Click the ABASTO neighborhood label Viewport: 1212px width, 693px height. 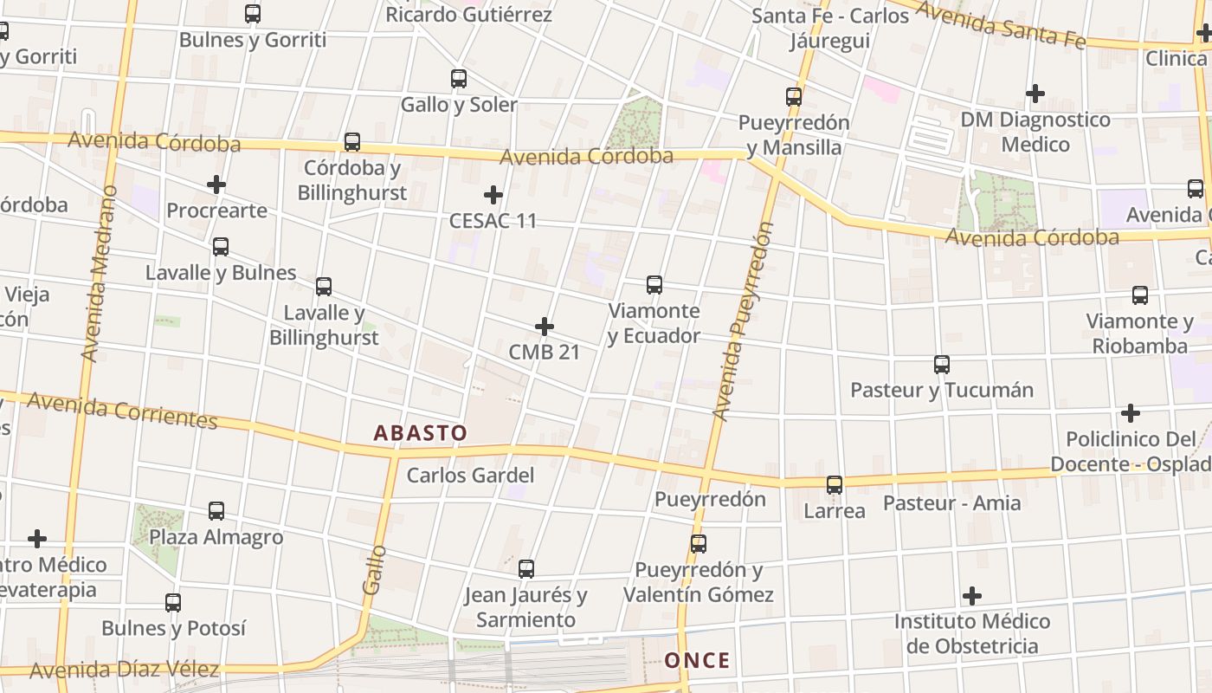tap(420, 433)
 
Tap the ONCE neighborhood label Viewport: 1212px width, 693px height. tap(697, 661)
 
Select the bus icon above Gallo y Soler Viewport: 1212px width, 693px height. tap(459, 79)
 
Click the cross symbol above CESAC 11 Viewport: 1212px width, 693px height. tap(493, 195)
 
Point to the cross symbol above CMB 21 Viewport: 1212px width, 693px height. tap(545, 327)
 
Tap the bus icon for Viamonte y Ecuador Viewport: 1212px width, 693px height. tap(654, 285)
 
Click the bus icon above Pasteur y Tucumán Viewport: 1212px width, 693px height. tap(942, 365)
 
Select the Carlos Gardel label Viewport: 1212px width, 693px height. tap(470, 476)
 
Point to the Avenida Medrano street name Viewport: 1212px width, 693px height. tap(100, 273)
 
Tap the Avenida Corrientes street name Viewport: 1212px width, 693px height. tap(122, 411)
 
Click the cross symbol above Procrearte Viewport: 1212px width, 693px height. tap(216, 185)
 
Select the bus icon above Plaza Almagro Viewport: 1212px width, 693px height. tap(216, 511)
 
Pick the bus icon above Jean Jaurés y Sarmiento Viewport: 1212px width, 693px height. tap(526, 569)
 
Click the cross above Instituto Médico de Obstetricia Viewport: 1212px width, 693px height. tap(972, 596)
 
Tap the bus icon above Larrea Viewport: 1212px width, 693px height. tap(835, 485)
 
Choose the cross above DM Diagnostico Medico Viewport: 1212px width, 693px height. tap(1035, 94)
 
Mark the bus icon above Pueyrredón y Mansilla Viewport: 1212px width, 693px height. tap(794, 97)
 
